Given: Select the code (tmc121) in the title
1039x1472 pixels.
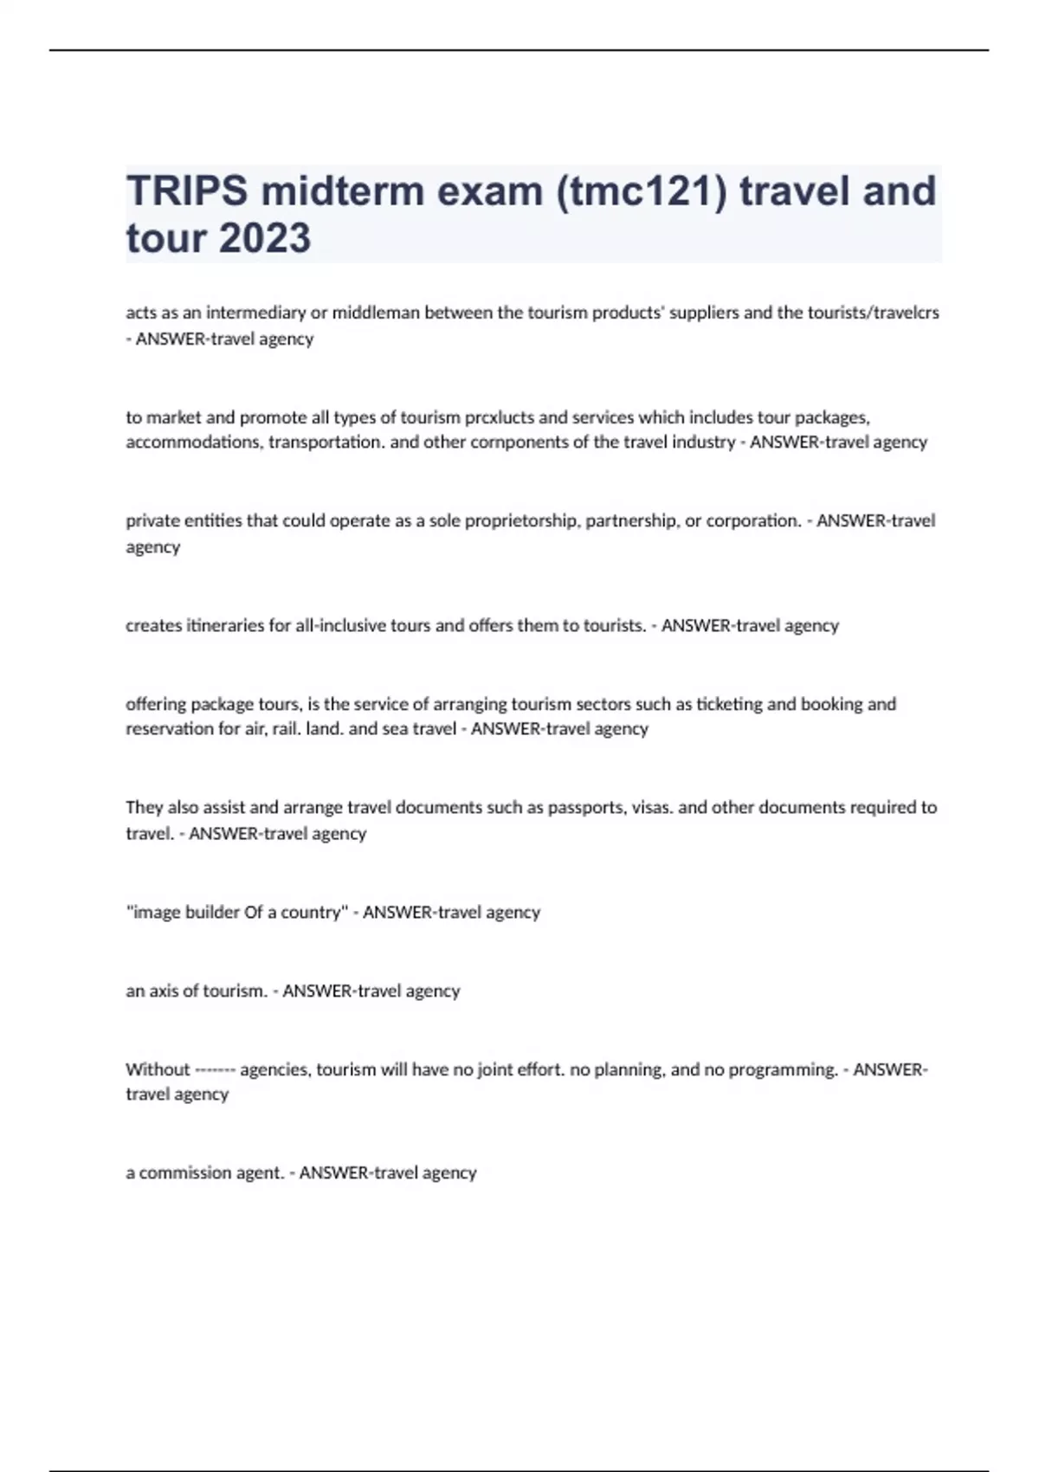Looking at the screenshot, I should [642, 191].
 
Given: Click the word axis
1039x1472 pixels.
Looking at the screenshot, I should [163, 991].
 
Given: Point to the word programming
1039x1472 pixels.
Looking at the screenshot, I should [783, 1069].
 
